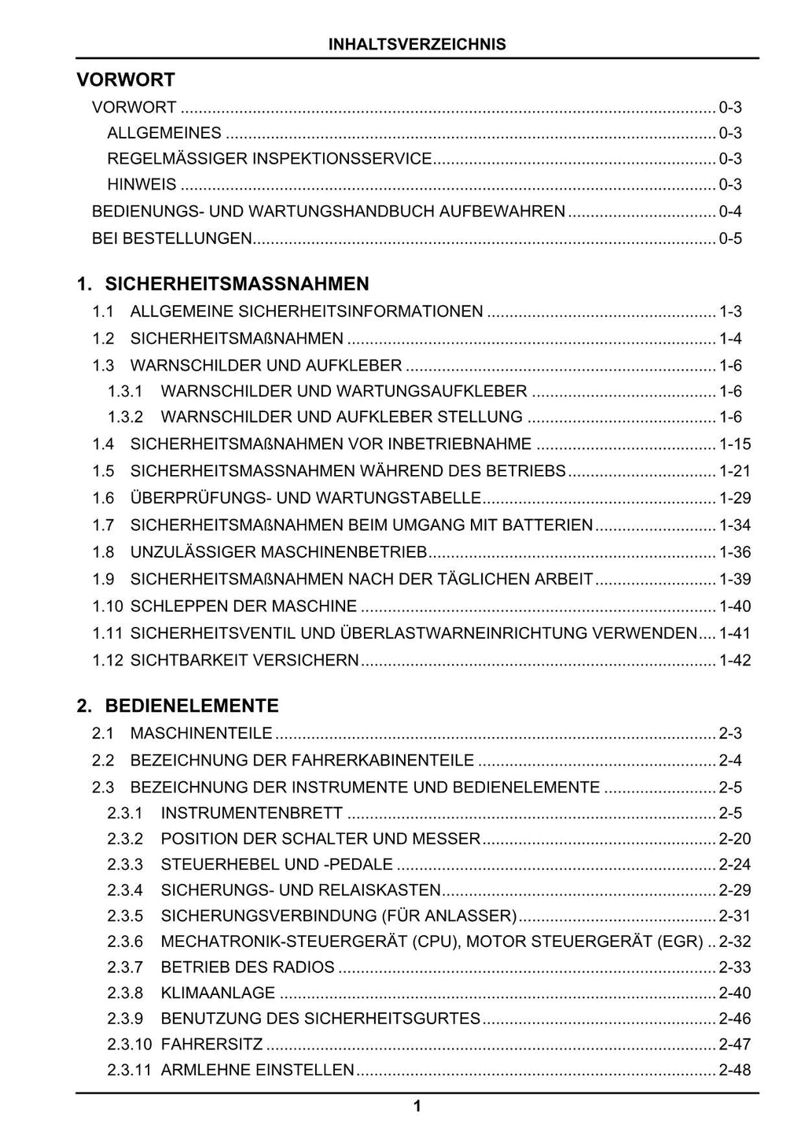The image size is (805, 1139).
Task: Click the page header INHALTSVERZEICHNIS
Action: coord(417,45)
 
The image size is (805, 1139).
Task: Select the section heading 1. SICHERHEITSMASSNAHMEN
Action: coord(222,283)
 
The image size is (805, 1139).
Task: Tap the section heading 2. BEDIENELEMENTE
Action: coord(178,705)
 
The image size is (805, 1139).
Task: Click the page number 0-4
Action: coord(730,211)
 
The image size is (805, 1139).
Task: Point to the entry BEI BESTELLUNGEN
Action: coord(171,238)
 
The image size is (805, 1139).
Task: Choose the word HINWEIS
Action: coord(142,185)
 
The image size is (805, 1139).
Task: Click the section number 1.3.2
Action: coord(125,417)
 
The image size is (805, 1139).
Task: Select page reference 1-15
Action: coord(735,444)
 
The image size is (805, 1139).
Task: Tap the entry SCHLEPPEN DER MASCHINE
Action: coord(244,606)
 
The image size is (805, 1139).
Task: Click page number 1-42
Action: coord(735,660)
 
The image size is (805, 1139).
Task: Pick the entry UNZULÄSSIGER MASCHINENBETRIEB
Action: coord(278,551)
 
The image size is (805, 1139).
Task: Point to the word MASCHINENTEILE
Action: coord(201,733)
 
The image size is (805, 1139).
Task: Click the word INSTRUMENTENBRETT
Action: coord(252,813)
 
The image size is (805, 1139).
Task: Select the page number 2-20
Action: coord(735,839)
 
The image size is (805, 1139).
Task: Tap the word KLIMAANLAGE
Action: coord(218,993)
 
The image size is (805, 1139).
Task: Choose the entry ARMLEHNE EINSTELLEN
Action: coord(257,1070)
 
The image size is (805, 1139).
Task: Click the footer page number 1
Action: coord(417,1107)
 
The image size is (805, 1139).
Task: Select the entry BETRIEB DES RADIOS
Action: coord(248,967)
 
